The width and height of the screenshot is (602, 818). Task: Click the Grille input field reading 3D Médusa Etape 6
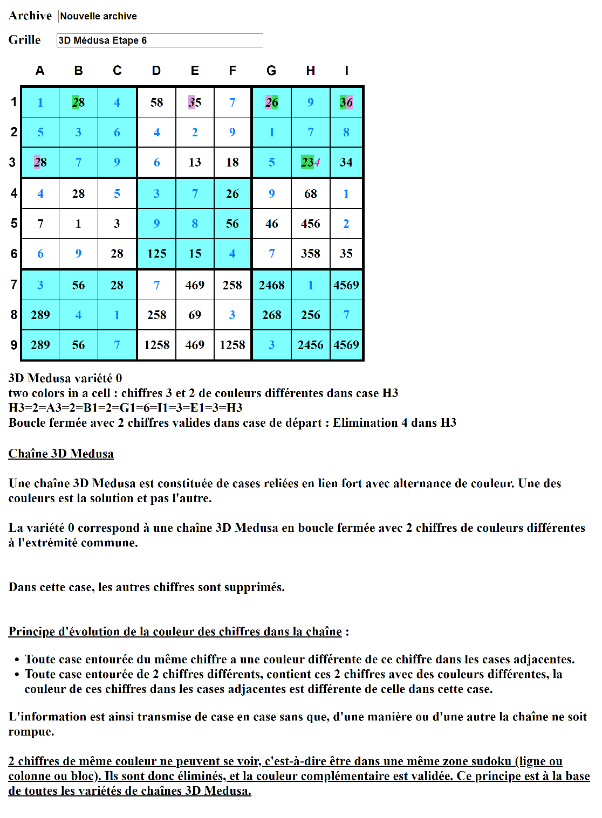pos(160,40)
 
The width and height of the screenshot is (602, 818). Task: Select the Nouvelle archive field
pos(162,16)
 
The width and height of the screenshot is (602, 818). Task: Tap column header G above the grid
pos(271,71)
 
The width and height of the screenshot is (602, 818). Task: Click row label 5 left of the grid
pos(14,223)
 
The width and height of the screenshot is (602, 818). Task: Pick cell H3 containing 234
pos(311,162)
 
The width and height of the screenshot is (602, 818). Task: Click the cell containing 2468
pos(271,285)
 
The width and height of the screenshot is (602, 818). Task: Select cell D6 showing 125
pos(156,253)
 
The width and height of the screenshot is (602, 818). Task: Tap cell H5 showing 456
pos(311,224)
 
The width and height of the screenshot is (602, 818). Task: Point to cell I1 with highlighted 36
pos(346,102)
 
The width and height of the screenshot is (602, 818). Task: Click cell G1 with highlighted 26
pos(271,102)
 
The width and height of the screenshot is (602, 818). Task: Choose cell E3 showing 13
pos(195,162)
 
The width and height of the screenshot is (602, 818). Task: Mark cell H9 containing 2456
pos(311,345)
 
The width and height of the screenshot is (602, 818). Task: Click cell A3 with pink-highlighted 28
pos(40,162)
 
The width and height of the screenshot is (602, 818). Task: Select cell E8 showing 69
pos(195,315)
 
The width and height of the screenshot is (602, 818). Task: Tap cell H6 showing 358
pos(311,253)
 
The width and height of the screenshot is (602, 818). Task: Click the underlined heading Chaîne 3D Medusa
pos(61,454)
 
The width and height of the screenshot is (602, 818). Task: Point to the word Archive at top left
pos(30,16)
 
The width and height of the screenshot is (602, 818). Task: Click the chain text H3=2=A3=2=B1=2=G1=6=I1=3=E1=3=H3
pos(126,407)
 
